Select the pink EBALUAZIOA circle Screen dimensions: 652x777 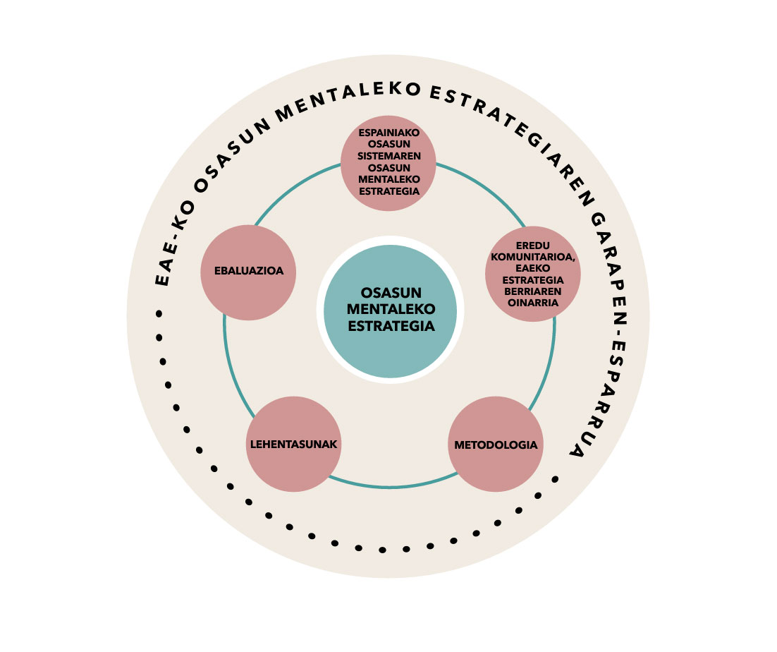pyautogui.click(x=247, y=272)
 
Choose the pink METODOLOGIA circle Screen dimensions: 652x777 pyautogui.click(x=496, y=445)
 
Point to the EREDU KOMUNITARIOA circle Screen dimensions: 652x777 pyautogui.click(x=533, y=274)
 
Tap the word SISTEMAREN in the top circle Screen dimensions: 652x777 pyautogui.click(x=389, y=157)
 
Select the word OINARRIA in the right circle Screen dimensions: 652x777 pyautogui.click(x=533, y=303)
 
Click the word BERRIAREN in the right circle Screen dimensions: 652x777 pyautogui.click(x=533, y=293)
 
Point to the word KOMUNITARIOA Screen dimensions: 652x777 pyautogui.click(x=533, y=255)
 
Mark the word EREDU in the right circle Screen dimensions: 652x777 pyautogui.click(x=533, y=246)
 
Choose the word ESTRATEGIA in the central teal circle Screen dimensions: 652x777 pyautogui.click(x=390, y=326)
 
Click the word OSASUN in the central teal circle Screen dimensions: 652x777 pyautogui.click(x=390, y=293)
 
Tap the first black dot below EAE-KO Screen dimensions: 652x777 pyautogui.click(x=159, y=313)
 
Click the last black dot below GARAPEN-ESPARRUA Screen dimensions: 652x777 pyautogui.click(x=555, y=479)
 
